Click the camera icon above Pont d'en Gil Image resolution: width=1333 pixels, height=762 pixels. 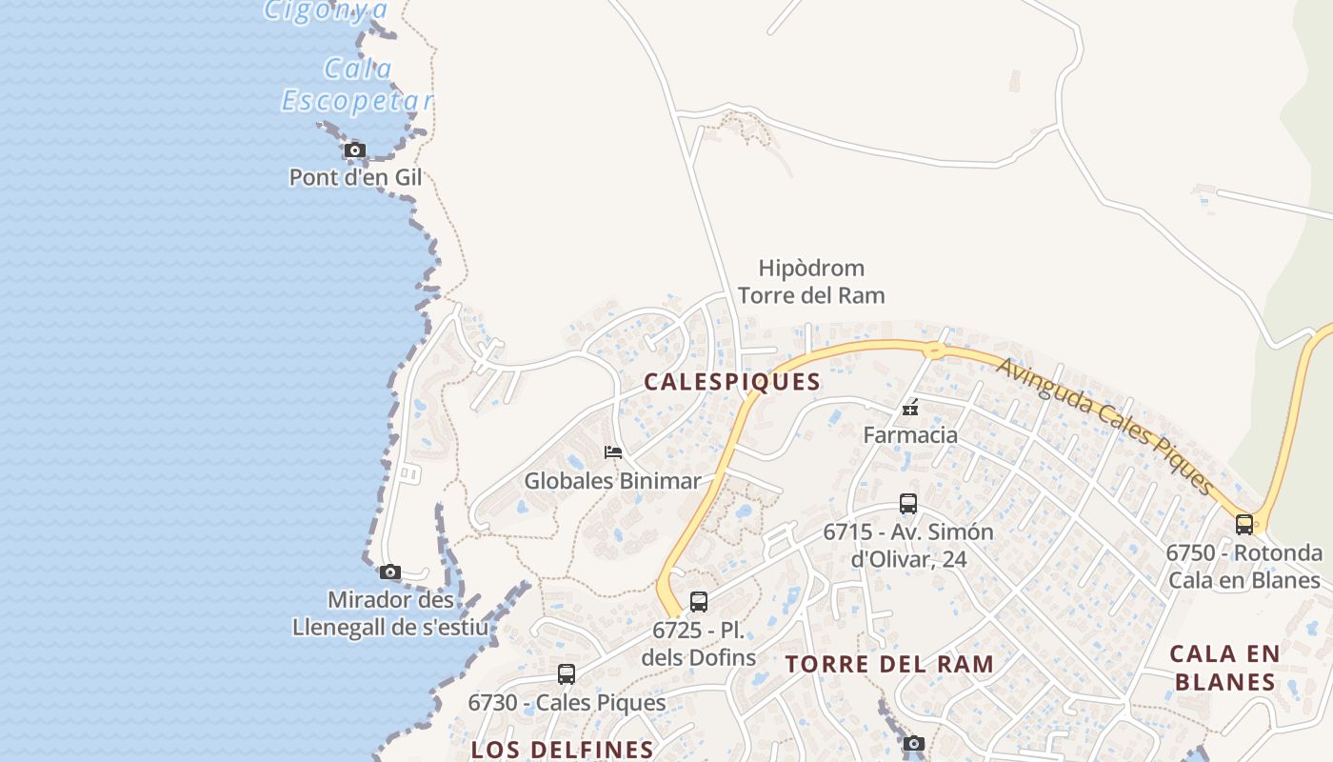[354, 150]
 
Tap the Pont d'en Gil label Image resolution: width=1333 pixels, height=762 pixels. [355, 177]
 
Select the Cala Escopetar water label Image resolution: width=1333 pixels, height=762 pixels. [357, 85]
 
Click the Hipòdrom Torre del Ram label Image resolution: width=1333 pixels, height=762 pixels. [811, 282]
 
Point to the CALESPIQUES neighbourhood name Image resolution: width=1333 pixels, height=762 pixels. [732, 382]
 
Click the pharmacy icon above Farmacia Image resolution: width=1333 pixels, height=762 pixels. [910, 408]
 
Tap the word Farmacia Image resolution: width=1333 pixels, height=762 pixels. [910, 435]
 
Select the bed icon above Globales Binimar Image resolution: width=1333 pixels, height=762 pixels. [613, 451]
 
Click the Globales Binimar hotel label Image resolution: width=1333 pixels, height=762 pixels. [612, 481]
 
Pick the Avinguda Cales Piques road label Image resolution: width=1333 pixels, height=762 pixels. [1104, 425]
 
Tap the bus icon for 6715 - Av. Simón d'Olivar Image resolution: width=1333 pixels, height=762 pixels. [908, 504]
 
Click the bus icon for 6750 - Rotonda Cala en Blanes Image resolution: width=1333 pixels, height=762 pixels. [1244, 524]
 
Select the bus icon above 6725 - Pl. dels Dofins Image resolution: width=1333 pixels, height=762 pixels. [699, 602]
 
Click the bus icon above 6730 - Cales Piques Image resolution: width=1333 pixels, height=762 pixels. [567, 674]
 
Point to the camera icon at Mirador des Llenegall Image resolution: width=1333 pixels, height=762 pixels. [389, 572]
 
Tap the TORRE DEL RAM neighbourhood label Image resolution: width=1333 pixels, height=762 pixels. [889, 665]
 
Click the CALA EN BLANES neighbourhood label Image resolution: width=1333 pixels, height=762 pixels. [1224, 668]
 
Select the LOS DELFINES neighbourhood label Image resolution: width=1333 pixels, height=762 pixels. [563, 749]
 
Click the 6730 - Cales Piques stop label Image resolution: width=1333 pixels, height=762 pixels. [567, 703]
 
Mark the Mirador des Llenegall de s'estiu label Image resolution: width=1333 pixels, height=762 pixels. [390, 614]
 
